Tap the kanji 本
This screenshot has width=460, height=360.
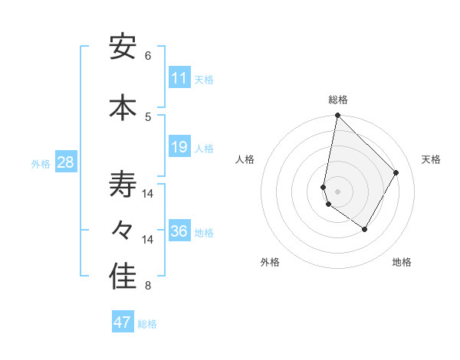coord(123,107)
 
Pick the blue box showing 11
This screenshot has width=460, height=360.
coord(179,78)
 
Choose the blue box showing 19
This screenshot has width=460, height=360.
coord(179,147)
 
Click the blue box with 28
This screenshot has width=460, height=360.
coord(66,162)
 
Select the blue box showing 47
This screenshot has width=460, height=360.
coord(123,322)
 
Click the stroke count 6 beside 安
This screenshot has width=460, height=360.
coord(148,56)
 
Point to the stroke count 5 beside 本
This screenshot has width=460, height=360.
coord(148,116)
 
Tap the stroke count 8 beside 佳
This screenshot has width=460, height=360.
coord(148,286)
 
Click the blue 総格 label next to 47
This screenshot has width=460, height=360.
coord(147,324)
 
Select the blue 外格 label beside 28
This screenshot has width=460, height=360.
coord(41,163)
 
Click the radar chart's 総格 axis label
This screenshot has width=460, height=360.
coord(338,100)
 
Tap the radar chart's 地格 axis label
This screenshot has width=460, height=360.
coord(402,262)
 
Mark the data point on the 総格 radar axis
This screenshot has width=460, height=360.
coord(337,116)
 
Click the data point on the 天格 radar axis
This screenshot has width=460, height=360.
coord(396,172)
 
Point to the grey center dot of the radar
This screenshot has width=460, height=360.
coord(337,191)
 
